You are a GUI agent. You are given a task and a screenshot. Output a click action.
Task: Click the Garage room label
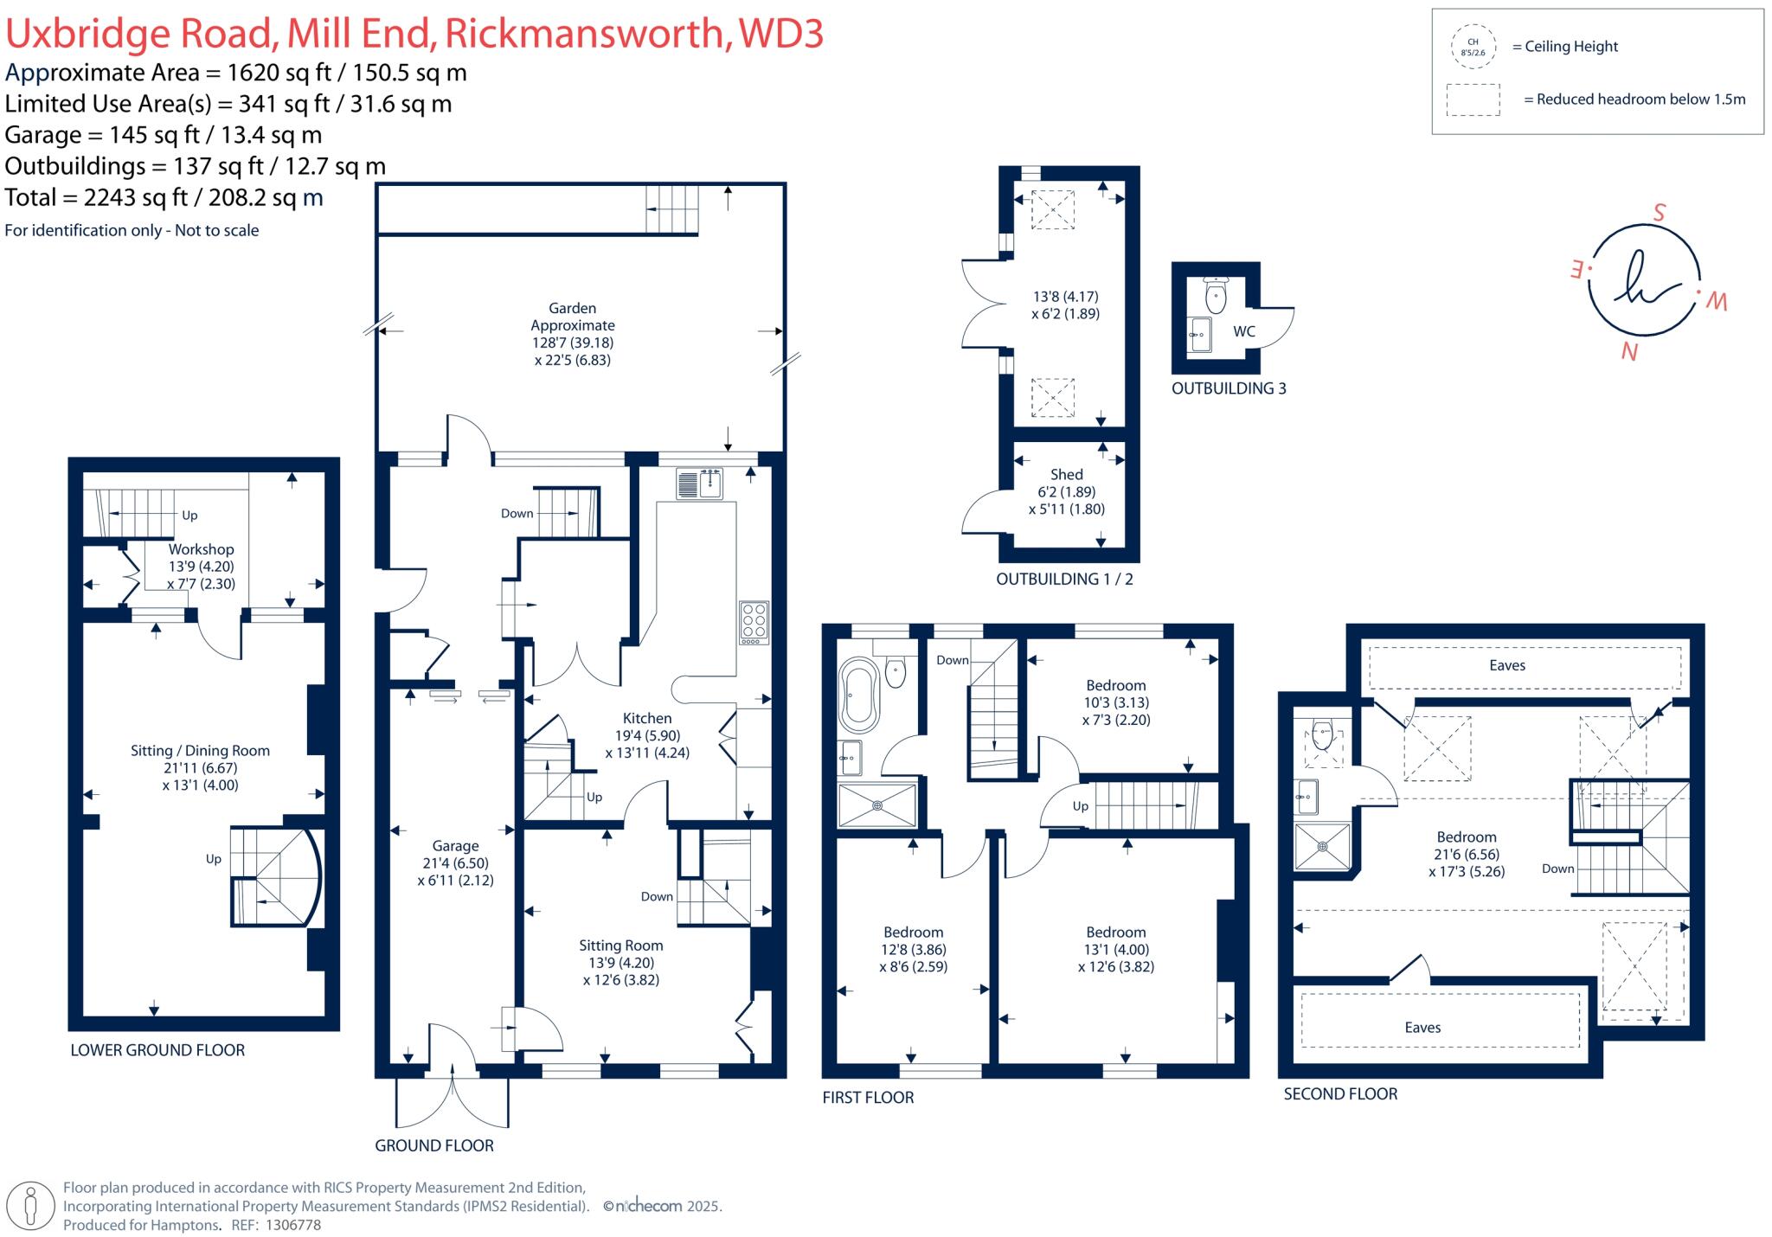455,846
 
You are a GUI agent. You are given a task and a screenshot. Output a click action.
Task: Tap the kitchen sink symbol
701,484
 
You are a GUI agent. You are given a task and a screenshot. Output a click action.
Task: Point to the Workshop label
201,549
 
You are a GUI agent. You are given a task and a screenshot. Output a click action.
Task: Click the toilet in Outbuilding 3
1216,297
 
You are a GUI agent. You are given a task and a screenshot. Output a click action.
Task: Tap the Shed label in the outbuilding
1066,474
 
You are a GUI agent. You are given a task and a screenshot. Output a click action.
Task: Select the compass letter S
1659,213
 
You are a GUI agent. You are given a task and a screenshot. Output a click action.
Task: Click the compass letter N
1630,351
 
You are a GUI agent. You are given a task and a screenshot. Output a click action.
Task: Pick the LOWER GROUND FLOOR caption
157,1050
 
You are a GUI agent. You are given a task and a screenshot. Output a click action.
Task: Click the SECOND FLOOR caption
1340,1093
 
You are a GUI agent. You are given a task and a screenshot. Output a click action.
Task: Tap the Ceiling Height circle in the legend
1473,47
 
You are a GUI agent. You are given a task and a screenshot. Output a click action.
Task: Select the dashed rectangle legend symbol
1473,99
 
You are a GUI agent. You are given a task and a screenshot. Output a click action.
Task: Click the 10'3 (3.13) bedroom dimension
1116,702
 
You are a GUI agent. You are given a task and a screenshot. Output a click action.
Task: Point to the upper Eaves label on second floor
1507,665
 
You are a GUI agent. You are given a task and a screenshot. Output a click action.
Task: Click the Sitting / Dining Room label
200,751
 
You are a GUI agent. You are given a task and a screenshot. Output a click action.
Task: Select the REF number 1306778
292,1225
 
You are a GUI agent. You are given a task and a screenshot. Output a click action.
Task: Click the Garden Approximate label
573,317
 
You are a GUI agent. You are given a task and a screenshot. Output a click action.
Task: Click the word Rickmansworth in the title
585,34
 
